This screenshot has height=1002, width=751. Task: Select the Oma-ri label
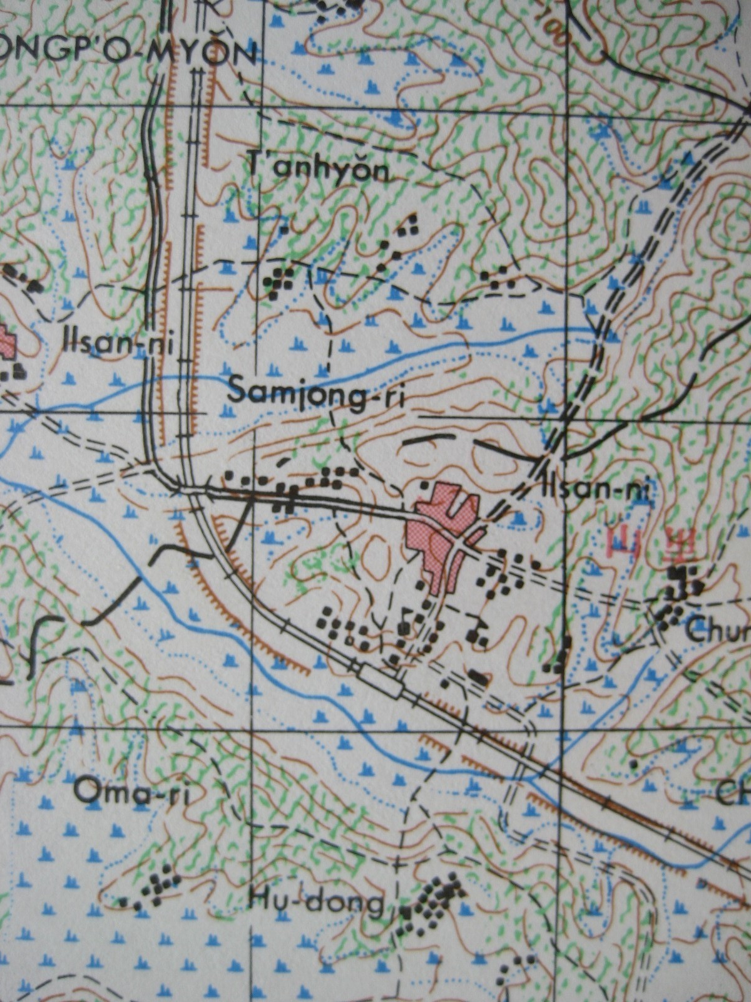131,792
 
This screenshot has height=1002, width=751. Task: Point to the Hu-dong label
316,902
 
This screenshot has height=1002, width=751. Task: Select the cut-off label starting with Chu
717,631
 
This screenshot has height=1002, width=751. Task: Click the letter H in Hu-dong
258,901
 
